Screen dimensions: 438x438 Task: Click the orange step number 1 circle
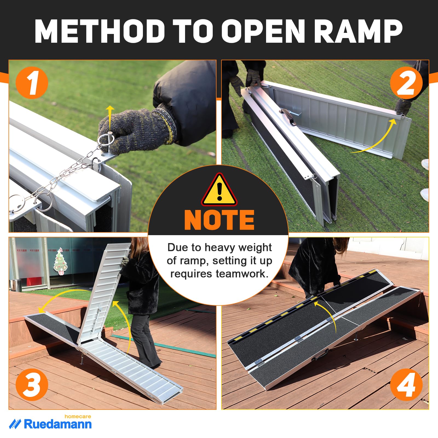click(32, 83)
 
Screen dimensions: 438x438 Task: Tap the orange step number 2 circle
click(406, 83)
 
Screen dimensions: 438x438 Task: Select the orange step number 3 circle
click(32, 384)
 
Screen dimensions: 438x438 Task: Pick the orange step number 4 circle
click(406, 384)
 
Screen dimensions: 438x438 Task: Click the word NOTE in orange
click(219, 220)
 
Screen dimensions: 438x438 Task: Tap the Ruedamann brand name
click(58, 424)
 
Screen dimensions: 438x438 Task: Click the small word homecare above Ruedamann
click(78, 416)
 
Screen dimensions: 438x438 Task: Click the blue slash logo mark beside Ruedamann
click(15, 424)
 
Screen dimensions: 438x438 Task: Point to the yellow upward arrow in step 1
click(110, 115)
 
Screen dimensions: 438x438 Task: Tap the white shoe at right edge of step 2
click(425, 164)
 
